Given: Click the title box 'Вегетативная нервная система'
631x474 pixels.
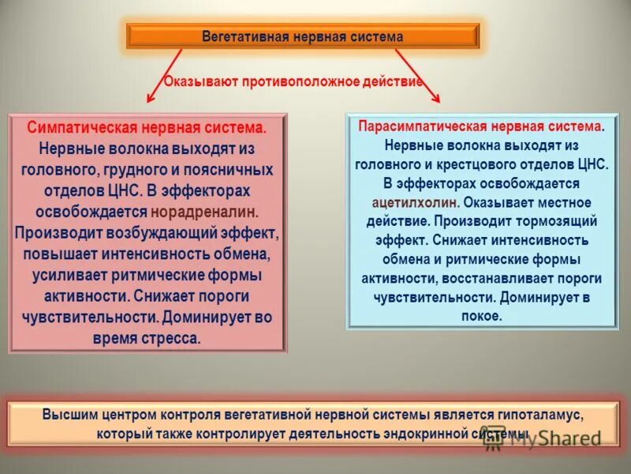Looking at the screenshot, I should pyautogui.click(x=303, y=36).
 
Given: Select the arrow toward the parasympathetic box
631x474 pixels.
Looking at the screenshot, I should pyautogui.click(x=418, y=75).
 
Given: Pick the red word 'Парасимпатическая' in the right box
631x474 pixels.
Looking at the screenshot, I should pyautogui.click(x=419, y=127).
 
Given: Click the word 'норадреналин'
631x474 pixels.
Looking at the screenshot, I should pyautogui.click(x=204, y=213).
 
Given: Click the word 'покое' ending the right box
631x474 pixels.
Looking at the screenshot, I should pyautogui.click(x=480, y=315).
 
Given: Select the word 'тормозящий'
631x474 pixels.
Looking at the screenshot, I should pyautogui.click(x=562, y=221).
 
